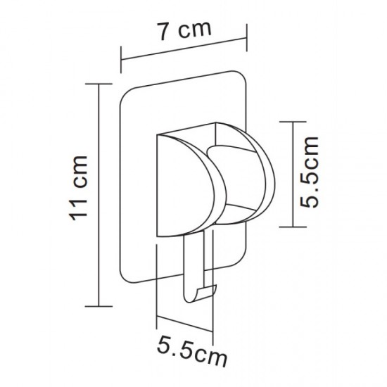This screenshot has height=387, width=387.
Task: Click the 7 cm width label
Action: point(185,31)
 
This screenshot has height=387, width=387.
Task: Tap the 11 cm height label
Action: point(78,188)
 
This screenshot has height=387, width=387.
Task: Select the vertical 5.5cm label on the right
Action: point(309,172)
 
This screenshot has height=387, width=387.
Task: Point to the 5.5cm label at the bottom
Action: point(192,351)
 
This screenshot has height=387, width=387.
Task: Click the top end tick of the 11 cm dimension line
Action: point(99,84)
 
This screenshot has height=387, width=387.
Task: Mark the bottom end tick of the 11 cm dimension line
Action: point(99,306)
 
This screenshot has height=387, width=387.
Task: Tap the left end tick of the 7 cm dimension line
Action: point(121,60)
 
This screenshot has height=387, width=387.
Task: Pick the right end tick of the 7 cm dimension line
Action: point(247,37)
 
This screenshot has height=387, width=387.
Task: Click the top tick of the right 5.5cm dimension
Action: point(293,122)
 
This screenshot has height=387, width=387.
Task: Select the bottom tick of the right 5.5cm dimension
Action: point(293,227)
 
